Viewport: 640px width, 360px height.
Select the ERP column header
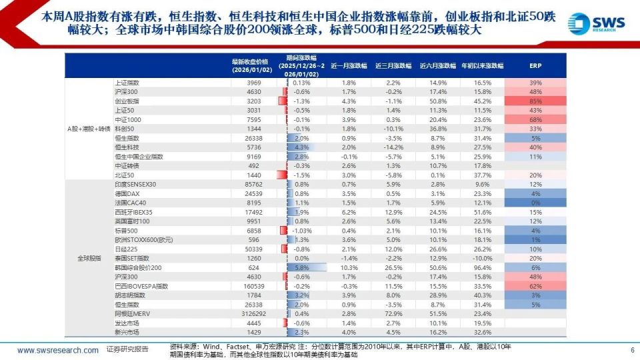pyautogui.click(x=535, y=66)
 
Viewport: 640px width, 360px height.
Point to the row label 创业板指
pyautogui.click(x=125, y=101)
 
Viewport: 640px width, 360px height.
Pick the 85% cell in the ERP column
pyautogui.click(x=535, y=101)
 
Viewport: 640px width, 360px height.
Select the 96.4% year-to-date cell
pyautogui.click(x=482, y=267)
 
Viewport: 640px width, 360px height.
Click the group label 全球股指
pyautogui.click(x=87, y=258)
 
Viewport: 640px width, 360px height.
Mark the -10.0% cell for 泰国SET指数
pyautogui.click(x=482, y=258)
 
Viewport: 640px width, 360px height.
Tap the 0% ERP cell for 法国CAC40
pyautogui.click(x=535, y=202)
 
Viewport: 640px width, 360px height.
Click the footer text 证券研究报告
pyautogui.click(x=127, y=350)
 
